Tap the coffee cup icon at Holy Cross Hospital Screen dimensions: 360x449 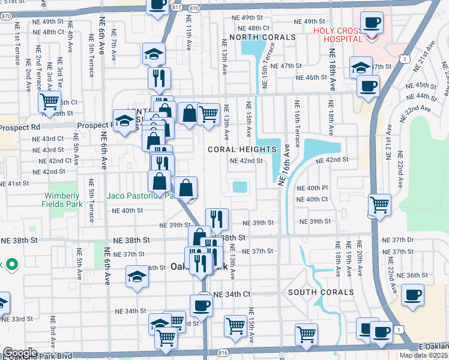pos(372,23)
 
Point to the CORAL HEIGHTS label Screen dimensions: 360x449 pos(242,149)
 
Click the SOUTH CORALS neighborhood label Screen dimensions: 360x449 pos(321,292)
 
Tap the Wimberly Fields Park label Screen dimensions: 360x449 pos(61,200)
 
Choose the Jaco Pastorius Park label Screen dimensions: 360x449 pos(139,196)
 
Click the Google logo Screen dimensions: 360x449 pos(19,353)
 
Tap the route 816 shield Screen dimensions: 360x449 pos(224,355)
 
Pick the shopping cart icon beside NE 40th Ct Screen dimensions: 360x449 pos(379,205)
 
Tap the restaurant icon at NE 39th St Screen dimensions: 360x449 pos(217,219)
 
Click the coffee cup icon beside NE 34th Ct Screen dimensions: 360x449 pos(201,305)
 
